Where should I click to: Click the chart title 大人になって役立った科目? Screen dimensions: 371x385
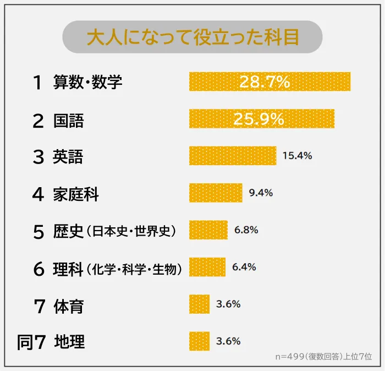pyautogui.click(x=193, y=37)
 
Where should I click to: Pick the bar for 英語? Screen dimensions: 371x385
pyautogui.click(x=232, y=156)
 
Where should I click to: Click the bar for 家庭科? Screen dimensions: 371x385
pyautogui.click(x=216, y=193)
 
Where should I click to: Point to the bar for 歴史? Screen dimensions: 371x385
pyautogui.click(x=208, y=230)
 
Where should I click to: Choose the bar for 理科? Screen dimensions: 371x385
pyautogui.click(x=207, y=267)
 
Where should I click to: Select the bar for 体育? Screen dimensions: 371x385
pyautogui.click(x=200, y=304)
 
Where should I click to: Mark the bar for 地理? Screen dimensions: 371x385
pyautogui.click(x=200, y=341)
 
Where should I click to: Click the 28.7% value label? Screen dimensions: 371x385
pyautogui.click(x=264, y=82)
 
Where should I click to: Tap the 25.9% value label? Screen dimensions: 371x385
pyautogui.click(x=258, y=119)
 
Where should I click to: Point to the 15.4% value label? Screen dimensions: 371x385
pyautogui.click(x=297, y=156)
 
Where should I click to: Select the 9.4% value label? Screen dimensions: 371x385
pyautogui.click(x=261, y=193)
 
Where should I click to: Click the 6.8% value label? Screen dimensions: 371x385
pyautogui.click(x=246, y=230)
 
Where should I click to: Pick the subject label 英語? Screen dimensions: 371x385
pyautogui.click(x=68, y=157)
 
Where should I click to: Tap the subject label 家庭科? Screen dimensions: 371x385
pyautogui.click(x=76, y=194)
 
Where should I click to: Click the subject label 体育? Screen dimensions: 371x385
pyautogui.click(x=69, y=305)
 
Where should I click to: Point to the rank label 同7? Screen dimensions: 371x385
pyautogui.click(x=31, y=342)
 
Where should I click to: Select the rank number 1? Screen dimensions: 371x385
pyautogui.click(x=37, y=83)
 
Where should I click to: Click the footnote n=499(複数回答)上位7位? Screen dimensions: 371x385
pyautogui.click(x=324, y=357)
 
